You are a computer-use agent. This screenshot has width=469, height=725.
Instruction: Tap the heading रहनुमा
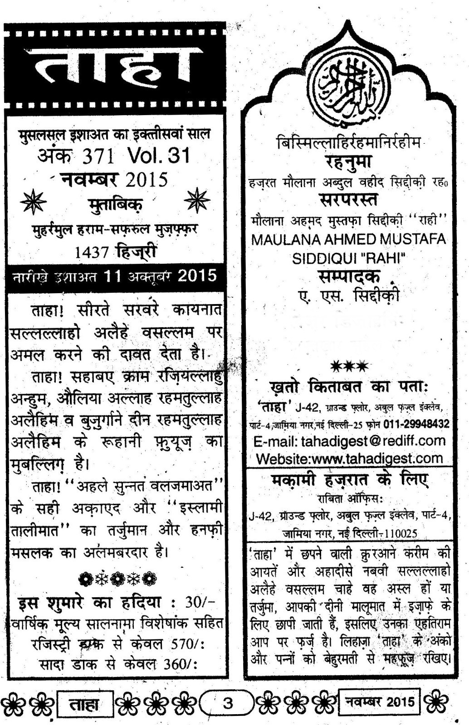[x=348, y=161]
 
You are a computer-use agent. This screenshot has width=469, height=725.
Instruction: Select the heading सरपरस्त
[x=348, y=199]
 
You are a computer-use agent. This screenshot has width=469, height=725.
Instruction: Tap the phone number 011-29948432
[x=416, y=424]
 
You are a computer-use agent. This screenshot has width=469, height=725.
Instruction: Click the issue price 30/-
[x=200, y=603]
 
